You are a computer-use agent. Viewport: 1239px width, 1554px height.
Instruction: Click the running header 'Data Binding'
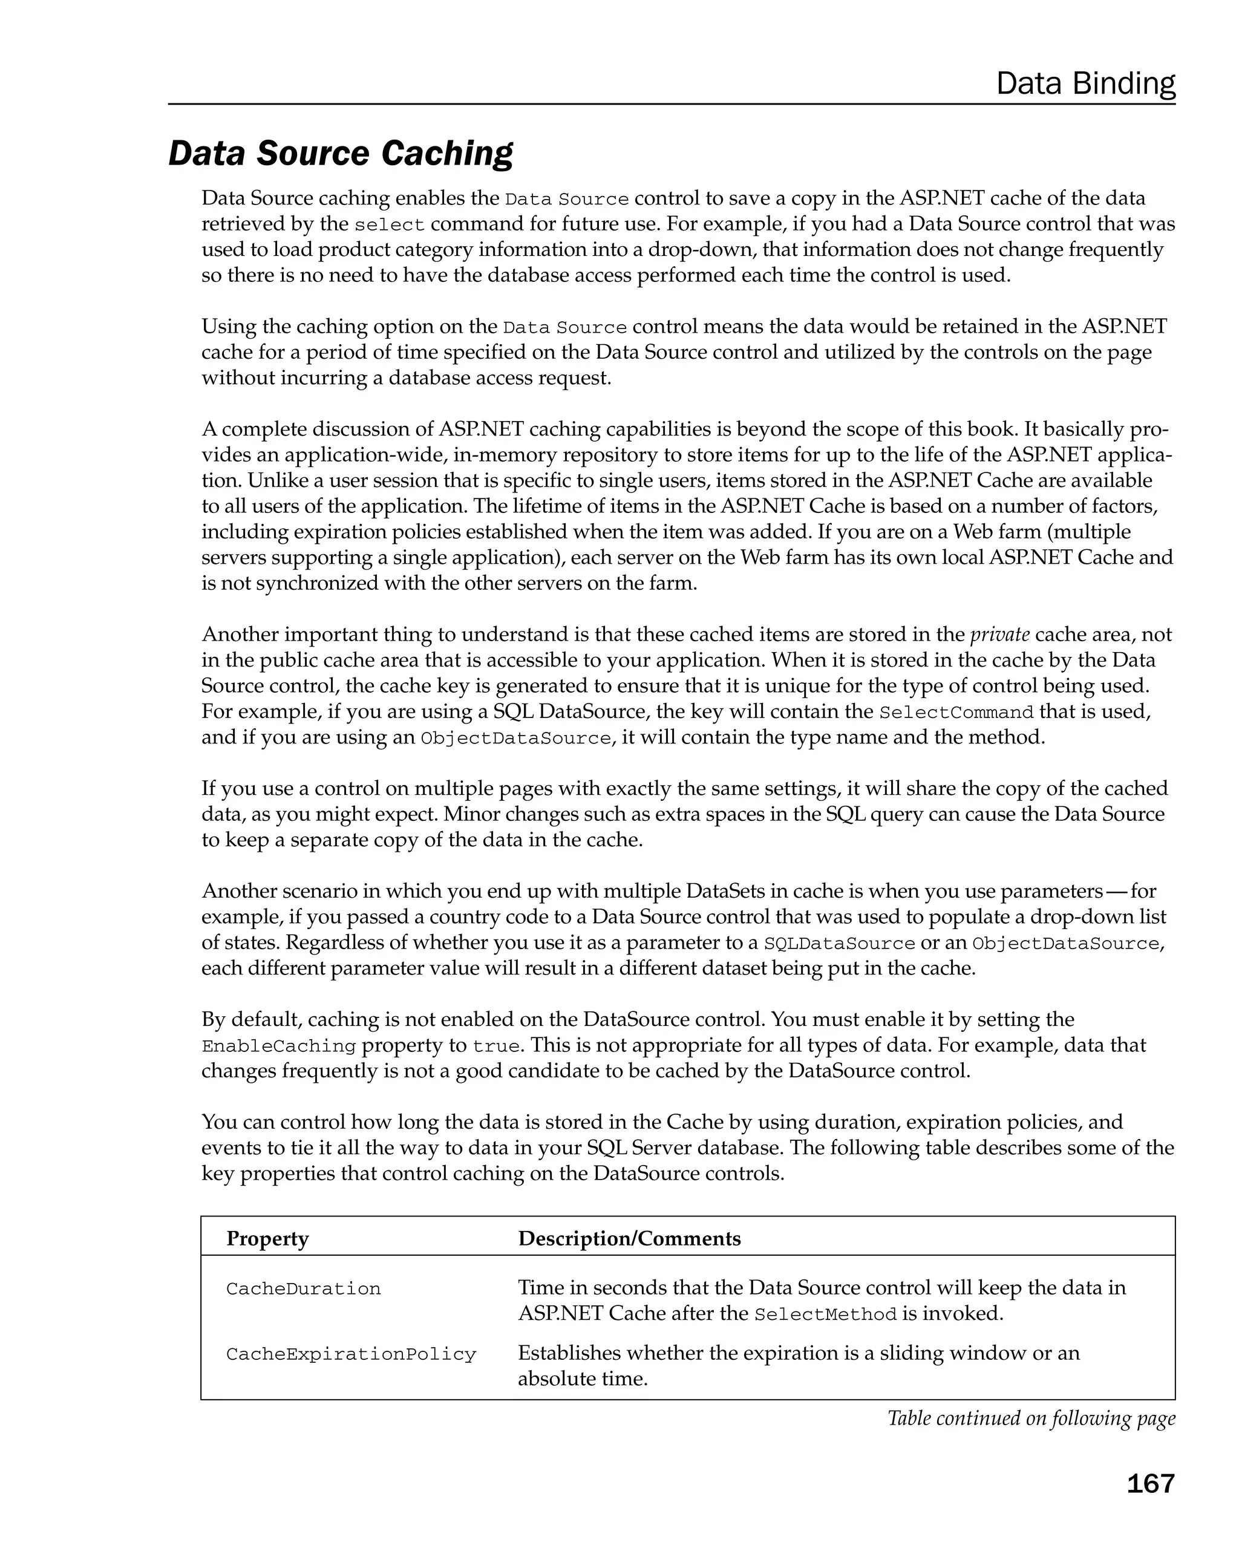click(x=1085, y=83)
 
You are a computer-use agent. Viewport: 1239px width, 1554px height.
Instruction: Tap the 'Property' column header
click(x=267, y=1238)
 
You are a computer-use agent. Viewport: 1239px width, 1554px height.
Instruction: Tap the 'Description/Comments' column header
click(x=629, y=1238)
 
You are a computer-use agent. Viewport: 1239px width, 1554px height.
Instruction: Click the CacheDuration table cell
click(x=304, y=1289)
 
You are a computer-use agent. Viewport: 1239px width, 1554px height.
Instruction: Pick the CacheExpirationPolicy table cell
click(x=351, y=1354)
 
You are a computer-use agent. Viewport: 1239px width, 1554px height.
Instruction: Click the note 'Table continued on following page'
click(x=1031, y=1418)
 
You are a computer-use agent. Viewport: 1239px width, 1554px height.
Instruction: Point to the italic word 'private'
click(x=999, y=635)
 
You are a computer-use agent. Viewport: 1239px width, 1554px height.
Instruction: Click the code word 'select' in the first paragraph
click(x=389, y=225)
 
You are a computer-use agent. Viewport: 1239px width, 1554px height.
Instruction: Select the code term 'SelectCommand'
click(x=956, y=712)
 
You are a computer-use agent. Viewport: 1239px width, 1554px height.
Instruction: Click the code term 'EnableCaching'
click(x=279, y=1046)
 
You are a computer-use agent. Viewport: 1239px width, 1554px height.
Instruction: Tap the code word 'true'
click(x=496, y=1046)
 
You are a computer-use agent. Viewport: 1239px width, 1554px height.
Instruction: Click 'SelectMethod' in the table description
click(x=825, y=1314)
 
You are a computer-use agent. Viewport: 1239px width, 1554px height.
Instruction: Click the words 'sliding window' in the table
click(x=946, y=1353)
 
